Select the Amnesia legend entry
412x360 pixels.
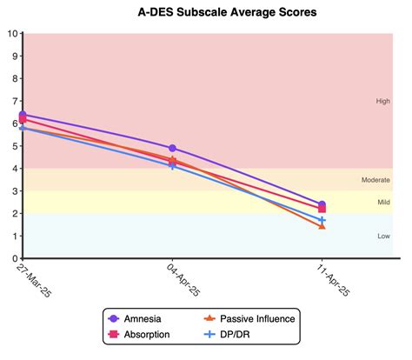tap(142, 318)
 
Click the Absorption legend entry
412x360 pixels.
tap(146, 334)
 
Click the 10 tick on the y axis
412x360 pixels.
tap(11, 34)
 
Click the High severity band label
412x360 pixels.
tap(382, 101)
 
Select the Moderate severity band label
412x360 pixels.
tap(375, 180)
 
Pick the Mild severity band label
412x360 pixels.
tap(382, 203)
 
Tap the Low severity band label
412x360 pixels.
tap(382, 236)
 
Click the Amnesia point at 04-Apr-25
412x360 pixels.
tap(173, 149)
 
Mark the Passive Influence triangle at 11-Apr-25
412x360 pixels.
tap(322, 225)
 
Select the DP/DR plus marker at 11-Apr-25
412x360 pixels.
tap(322, 220)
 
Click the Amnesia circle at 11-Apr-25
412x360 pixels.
tap(322, 204)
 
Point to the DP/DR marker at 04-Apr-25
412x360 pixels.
tap(173, 165)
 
